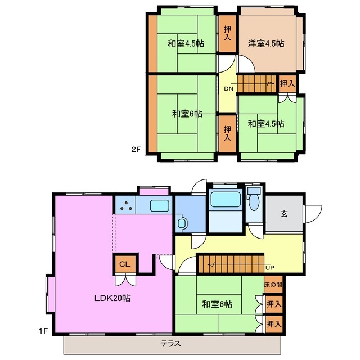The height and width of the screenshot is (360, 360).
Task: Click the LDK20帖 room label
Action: pyautogui.click(x=112, y=298)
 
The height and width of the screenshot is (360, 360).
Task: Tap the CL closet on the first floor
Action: pyautogui.click(x=125, y=264)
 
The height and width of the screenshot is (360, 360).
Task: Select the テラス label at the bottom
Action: pyautogui.click(x=171, y=344)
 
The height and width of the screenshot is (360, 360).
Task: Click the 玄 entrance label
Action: pyautogui.click(x=284, y=214)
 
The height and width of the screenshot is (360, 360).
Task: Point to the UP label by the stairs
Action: pyautogui.click(x=270, y=268)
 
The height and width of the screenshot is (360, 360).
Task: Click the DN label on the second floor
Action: pyautogui.click(x=229, y=89)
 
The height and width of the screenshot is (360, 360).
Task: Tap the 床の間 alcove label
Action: pyautogui.click(x=273, y=285)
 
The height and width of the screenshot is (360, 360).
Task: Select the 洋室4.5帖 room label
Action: pyautogui.click(x=266, y=43)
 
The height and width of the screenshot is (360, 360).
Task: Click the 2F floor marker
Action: pyautogui.click(x=136, y=150)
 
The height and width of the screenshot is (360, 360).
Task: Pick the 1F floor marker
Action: pyautogui.click(x=43, y=331)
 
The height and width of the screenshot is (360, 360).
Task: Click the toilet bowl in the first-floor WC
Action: pyautogui.click(x=254, y=202)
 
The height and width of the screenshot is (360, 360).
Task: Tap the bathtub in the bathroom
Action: pyautogui.click(x=226, y=199)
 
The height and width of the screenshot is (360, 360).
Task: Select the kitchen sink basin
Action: pyautogui.click(x=160, y=205)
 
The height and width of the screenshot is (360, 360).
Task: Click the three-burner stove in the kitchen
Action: pyautogui.click(x=125, y=205)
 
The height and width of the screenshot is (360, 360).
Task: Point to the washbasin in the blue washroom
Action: pyautogui.click(x=182, y=223)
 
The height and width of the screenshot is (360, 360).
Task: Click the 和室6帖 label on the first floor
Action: pyautogui.click(x=217, y=304)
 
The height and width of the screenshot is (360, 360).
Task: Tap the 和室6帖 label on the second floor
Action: pyautogui.click(x=187, y=114)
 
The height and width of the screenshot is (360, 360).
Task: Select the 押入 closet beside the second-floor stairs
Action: pyautogui.click(x=287, y=84)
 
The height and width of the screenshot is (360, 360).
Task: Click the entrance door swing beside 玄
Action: pyautogui.click(x=313, y=214)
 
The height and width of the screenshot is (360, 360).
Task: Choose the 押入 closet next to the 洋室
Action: pyautogui.click(x=227, y=34)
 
